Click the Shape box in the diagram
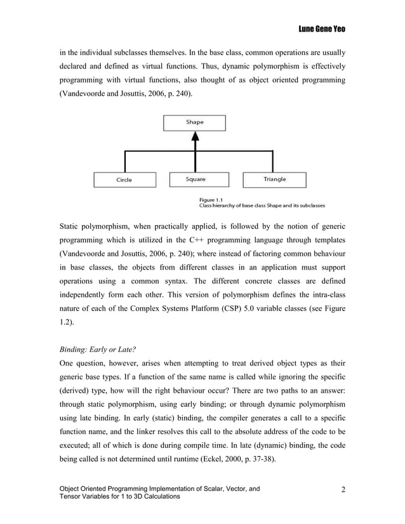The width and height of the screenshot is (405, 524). tap(195, 123)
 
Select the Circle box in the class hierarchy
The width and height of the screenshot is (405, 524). tap(124, 180)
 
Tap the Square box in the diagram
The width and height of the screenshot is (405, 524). tap(196, 179)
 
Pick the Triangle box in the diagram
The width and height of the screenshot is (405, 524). tap(274, 179)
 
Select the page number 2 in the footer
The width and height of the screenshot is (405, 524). tap(343, 489)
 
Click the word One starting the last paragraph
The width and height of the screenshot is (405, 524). tap(68, 364)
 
